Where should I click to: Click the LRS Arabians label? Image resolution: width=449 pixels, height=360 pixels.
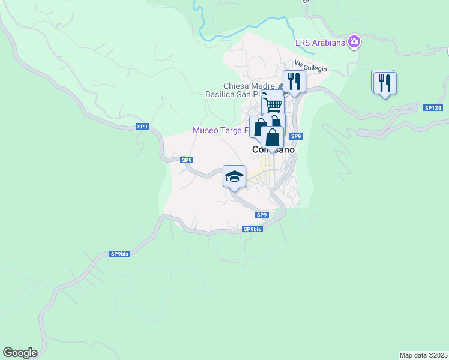point(320,42)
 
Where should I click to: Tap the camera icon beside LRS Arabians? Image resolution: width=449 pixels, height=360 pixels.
point(354,41)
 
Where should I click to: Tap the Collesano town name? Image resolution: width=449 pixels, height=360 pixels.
point(273,150)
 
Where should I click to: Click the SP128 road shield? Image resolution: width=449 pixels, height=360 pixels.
point(432,108)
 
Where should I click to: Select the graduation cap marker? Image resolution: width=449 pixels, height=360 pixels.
point(234,176)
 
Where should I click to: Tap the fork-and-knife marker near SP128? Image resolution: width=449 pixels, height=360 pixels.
point(384,83)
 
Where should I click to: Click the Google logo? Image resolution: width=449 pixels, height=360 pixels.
point(20,353)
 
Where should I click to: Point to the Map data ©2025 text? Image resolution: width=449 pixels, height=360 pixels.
point(423,355)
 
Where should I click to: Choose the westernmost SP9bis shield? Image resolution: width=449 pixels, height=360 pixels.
point(119,254)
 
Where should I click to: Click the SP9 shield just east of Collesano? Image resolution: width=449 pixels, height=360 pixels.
point(296,136)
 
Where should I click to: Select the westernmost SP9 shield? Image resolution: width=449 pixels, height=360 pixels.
point(142,127)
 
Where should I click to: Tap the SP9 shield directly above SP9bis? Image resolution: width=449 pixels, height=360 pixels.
point(261,215)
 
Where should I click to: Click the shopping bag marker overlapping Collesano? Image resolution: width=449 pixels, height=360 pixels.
point(273,137)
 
